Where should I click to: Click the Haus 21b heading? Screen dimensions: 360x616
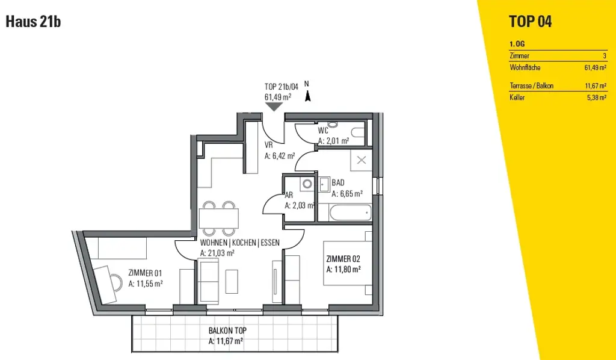[x=33, y=22]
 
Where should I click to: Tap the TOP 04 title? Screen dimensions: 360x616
[x=530, y=22]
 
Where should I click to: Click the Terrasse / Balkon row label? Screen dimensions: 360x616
[x=531, y=86]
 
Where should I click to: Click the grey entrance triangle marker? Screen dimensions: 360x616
[x=274, y=107]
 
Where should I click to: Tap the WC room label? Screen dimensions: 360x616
[x=323, y=131]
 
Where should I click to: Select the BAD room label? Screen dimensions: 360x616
[x=338, y=183]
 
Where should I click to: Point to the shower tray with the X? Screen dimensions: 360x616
[x=362, y=160]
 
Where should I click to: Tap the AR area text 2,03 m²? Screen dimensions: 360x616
[x=299, y=205]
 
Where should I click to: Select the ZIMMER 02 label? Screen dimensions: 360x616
[x=342, y=259]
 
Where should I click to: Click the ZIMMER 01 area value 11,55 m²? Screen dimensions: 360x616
[x=146, y=283]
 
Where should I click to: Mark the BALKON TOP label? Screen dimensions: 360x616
[x=227, y=331]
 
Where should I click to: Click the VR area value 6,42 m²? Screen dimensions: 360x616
[x=279, y=155]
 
